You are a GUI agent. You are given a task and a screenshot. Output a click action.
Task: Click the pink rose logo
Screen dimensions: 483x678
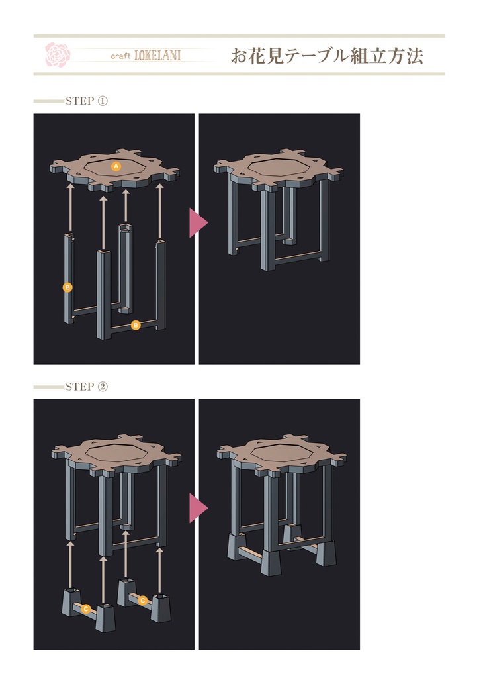(x=58, y=54)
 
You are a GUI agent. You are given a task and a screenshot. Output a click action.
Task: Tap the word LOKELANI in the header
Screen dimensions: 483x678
(x=157, y=56)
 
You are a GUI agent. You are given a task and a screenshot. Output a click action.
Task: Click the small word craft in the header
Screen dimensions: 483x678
(x=120, y=56)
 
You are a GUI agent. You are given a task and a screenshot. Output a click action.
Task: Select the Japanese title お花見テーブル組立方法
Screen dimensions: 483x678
(x=327, y=56)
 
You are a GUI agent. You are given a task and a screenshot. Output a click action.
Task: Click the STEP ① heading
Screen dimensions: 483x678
(x=87, y=101)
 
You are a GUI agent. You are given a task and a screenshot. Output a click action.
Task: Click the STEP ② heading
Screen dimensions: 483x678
(x=87, y=386)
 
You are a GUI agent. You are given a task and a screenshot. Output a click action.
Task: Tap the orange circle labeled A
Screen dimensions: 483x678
(x=116, y=166)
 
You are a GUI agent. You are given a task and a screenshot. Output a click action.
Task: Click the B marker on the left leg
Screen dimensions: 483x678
(x=67, y=287)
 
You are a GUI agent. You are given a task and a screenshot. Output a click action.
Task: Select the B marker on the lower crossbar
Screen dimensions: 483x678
(x=136, y=324)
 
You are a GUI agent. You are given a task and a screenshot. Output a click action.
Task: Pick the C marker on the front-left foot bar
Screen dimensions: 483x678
(x=86, y=609)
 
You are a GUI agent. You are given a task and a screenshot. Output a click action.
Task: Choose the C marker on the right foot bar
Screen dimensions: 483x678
(x=142, y=600)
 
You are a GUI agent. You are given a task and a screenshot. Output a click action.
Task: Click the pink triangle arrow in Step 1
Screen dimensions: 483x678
(x=198, y=222)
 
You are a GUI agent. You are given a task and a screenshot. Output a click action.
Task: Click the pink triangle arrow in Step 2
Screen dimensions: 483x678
(x=198, y=508)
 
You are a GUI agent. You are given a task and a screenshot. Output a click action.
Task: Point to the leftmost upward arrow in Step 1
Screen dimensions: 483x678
(x=70, y=209)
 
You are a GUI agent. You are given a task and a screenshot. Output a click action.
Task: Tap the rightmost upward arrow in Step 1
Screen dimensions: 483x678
(x=160, y=211)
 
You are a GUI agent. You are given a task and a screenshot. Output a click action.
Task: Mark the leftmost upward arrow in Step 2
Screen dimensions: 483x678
(x=70, y=564)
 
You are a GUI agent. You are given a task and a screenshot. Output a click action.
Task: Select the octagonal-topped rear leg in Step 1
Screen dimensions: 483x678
(x=125, y=268)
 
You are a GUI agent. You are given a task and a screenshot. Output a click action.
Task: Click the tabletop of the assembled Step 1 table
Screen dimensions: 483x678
(x=279, y=169)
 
